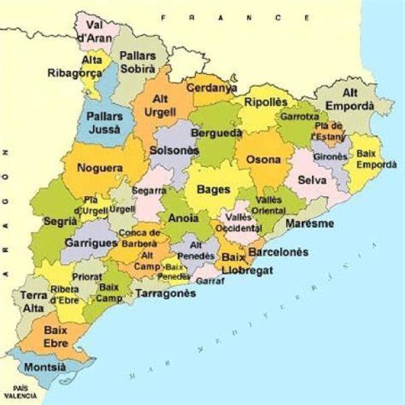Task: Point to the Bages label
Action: click(213, 190)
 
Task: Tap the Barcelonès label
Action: click(278, 252)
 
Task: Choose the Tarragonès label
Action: click(165, 293)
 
